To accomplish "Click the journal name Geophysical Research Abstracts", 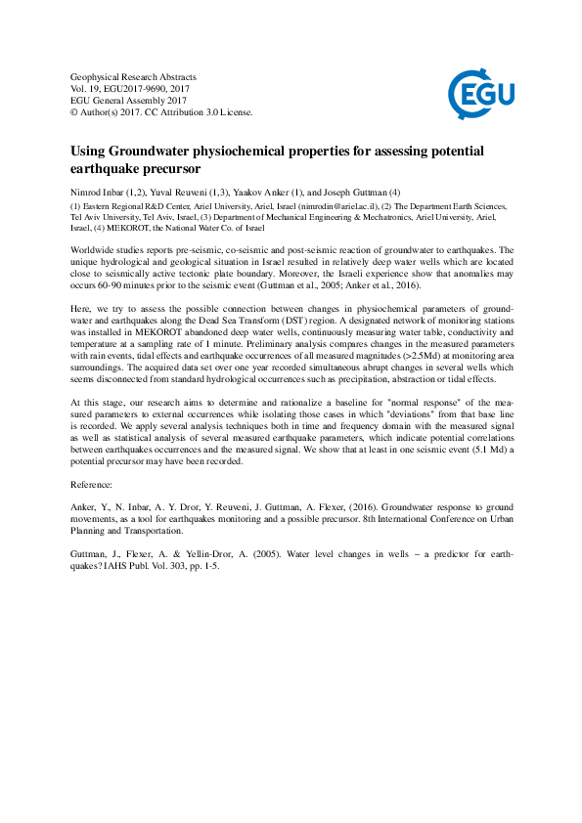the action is tap(134, 76).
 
